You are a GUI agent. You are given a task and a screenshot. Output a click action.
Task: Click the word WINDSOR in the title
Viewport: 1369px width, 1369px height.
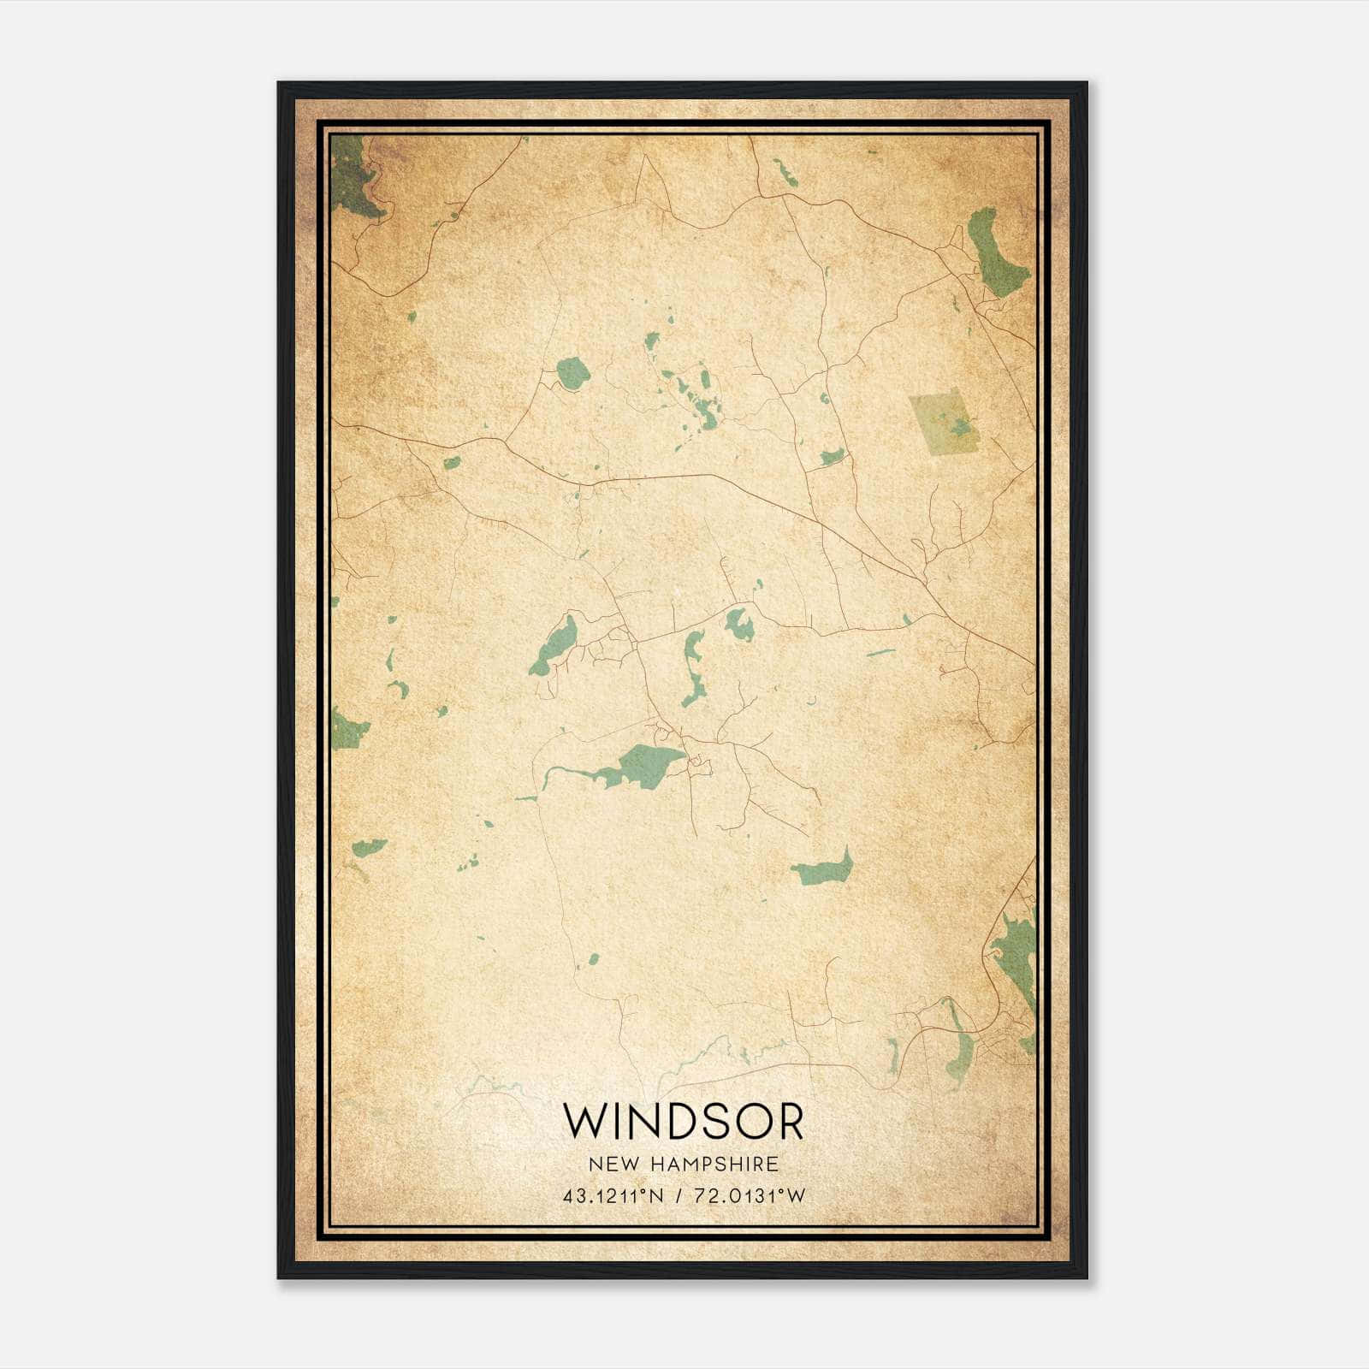[x=683, y=1122]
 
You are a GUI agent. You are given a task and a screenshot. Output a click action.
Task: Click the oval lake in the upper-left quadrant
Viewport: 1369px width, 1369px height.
[x=572, y=372]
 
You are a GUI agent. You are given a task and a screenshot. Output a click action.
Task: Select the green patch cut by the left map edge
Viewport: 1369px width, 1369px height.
[x=346, y=730]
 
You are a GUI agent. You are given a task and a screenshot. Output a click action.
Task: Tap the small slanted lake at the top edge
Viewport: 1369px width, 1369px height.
[x=785, y=171]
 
